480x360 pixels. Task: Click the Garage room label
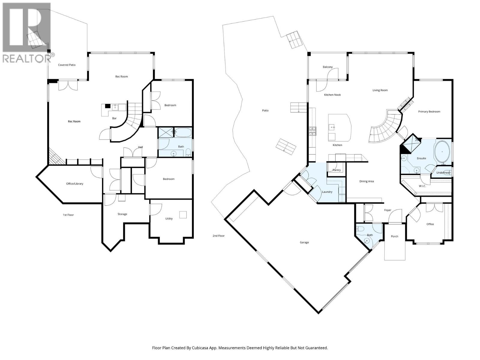[x=304, y=242]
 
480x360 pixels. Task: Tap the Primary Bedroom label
[x=429, y=112]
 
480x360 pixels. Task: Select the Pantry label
[x=337, y=170]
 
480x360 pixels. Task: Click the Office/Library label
[x=75, y=184]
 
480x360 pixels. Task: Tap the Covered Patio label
[x=67, y=65]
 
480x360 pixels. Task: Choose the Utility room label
[x=169, y=219]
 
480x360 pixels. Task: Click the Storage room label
[x=122, y=214]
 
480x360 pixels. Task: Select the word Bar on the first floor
[x=114, y=118]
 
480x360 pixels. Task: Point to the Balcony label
[x=328, y=67]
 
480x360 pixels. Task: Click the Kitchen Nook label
[x=332, y=94]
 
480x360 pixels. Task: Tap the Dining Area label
[x=367, y=181]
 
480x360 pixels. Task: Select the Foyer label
[x=388, y=210]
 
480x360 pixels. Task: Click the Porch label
[x=394, y=236]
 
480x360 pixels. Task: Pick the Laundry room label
[x=327, y=192]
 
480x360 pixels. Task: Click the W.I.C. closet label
[x=422, y=186]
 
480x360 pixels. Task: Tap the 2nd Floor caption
[x=219, y=235]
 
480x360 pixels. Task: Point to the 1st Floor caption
[x=68, y=215]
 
